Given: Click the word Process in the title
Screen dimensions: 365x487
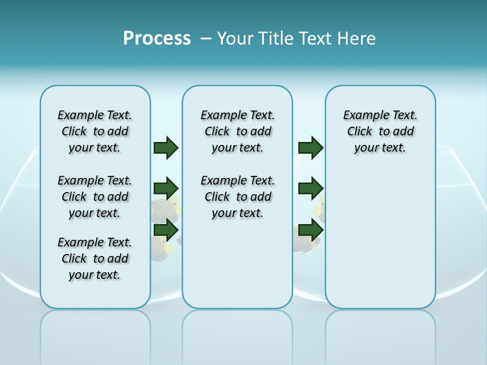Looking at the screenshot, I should [157, 38].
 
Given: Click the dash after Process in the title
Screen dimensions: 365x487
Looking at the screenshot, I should [205, 39].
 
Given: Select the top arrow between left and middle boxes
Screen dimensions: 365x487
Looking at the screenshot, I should [166, 148].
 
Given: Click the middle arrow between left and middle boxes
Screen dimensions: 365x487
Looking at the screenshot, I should [166, 189].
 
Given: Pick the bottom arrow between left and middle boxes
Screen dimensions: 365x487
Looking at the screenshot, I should [166, 230].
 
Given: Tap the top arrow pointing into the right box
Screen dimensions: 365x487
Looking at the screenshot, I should [310, 148].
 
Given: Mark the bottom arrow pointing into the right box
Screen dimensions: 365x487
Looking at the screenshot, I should [310, 230].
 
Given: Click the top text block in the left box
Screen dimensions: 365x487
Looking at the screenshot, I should [95, 131].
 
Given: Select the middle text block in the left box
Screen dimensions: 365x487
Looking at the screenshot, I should [95, 197].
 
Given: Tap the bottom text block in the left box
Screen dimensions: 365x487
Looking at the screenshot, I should [95, 259].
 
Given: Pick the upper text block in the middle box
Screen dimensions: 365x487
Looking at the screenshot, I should [238, 131].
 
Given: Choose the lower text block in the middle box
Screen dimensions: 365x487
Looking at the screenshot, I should [238, 197].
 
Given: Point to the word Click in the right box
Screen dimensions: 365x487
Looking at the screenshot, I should [360, 132].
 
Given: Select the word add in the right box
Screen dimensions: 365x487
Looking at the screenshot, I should [404, 132].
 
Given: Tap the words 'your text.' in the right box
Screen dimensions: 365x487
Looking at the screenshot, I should [380, 148].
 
